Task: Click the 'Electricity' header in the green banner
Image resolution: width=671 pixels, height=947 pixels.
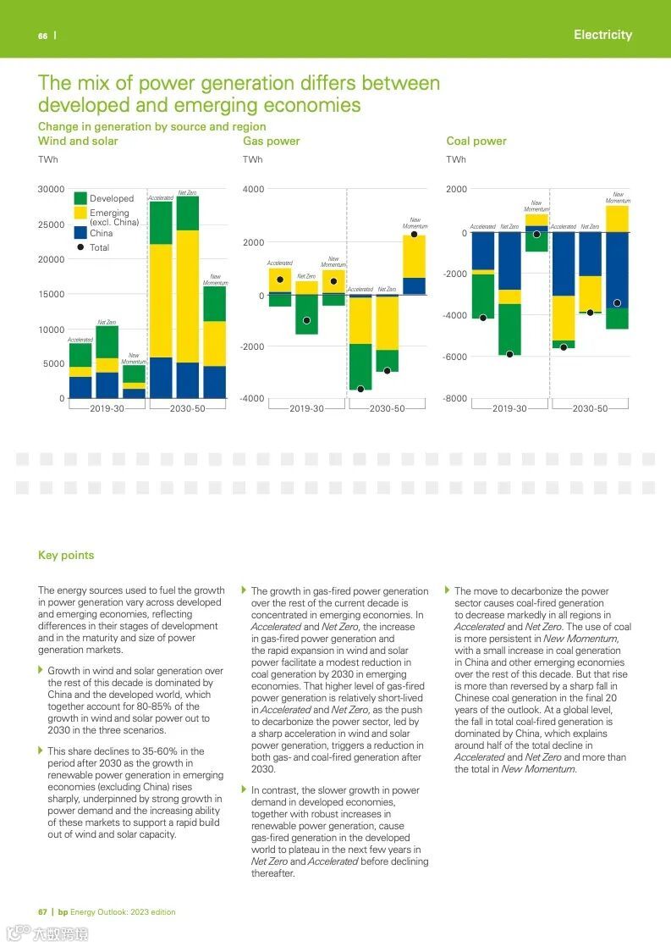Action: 602,35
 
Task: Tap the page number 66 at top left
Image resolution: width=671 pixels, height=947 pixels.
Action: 42,36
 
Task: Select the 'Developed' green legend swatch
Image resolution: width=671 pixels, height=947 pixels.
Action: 80,198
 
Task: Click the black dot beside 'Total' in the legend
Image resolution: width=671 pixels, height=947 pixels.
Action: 80,247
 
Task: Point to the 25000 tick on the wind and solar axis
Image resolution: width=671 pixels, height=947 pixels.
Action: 51,224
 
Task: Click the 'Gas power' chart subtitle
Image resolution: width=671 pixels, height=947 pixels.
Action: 271,141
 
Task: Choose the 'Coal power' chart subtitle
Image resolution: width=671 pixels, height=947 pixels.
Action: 476,141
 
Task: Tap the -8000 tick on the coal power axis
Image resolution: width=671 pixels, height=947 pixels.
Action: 455,399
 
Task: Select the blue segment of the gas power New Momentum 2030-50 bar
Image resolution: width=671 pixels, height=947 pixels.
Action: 414,285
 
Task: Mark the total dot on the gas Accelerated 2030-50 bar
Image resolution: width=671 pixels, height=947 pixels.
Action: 360,389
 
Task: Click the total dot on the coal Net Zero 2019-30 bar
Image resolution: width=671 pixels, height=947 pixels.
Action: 509,354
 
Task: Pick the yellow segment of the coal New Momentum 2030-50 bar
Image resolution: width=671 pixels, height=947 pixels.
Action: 617,219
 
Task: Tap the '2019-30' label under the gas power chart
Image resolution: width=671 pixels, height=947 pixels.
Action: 306,409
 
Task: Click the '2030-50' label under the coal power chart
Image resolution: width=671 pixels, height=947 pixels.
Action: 590,409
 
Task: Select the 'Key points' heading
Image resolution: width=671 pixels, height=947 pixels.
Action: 66,556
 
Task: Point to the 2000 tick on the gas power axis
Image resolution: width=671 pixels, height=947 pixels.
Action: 252,243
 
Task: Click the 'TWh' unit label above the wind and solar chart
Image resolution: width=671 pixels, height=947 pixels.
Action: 47,159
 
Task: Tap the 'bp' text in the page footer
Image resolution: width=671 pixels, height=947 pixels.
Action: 63,912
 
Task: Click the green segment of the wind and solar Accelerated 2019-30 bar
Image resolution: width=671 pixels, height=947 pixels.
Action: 80,355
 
